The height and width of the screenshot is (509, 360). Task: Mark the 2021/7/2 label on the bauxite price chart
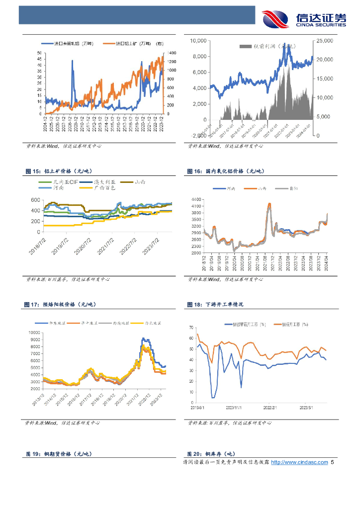(x=105, y=245)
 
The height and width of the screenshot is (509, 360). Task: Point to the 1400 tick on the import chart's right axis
(x=172, y=53)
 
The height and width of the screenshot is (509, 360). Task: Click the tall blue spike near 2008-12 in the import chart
(x=73, y=61)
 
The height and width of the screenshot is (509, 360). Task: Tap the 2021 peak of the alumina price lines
(x=269, y=204)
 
